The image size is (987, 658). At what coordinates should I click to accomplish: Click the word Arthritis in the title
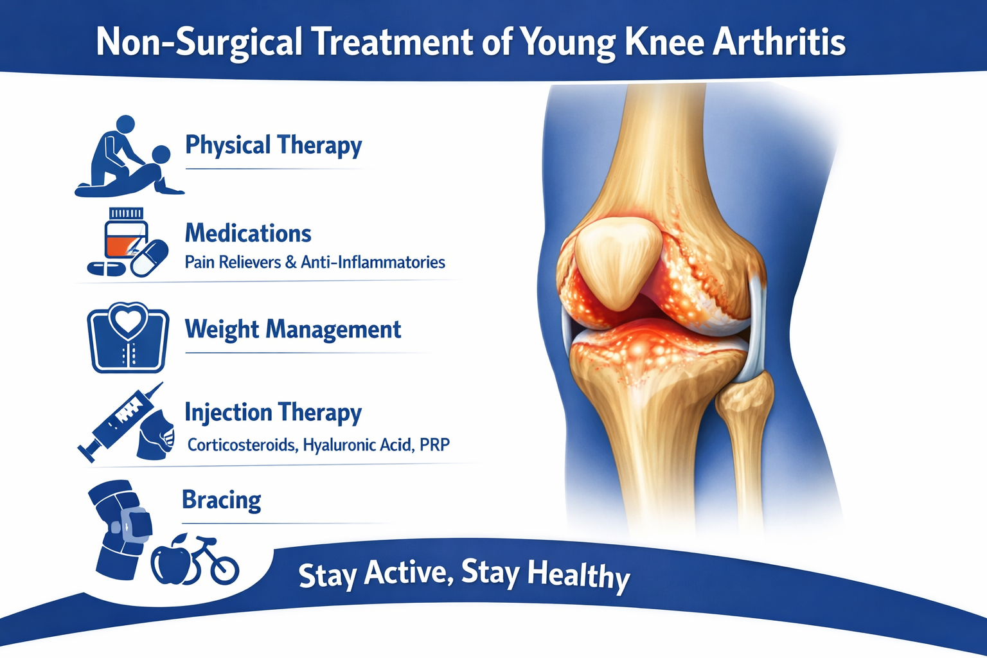coord(779,42)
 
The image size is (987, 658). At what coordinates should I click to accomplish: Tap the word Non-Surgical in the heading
coord(199,42)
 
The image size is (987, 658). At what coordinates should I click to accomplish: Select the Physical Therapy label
coord(273,145)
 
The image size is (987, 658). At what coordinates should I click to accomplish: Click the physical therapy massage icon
coord(128,156)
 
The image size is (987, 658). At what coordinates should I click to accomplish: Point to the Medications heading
coord(248,233)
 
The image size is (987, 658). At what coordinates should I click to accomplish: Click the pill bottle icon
coord(126,234)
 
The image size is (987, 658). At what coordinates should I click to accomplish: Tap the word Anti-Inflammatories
coord(373,262)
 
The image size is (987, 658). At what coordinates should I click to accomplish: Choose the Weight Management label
coord(293,329)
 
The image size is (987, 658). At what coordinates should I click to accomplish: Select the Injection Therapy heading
coord(273,413)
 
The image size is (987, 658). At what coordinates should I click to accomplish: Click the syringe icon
coord(120,422)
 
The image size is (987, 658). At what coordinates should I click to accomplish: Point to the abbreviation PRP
coord(434,445)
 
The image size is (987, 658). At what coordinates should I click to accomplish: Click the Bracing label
coord(222,500)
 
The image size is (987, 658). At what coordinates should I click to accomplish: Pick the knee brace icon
coord(120,529)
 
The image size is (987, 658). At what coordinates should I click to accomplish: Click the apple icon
coord(171,560)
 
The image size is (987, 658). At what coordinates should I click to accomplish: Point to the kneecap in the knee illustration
coord(618,263)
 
